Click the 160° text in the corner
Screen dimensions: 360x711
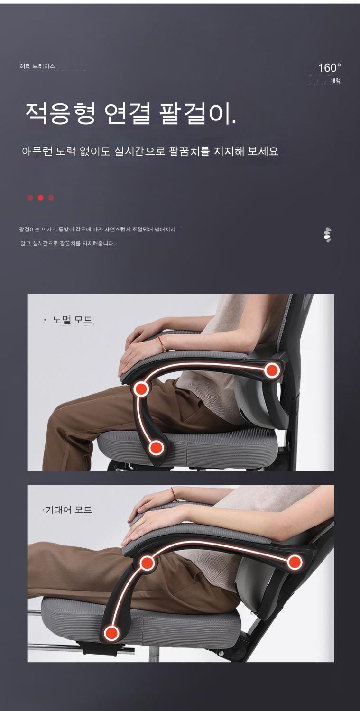point(330,68)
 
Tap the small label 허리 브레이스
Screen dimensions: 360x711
point(37,66)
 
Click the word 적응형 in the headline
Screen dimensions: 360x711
point(60,113)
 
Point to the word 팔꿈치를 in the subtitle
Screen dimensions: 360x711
point(189,151)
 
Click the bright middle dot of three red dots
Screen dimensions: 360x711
point(40,198)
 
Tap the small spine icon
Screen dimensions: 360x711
point(328,235)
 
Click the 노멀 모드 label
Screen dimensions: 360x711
point(72,320)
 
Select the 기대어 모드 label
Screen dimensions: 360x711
point(68,510)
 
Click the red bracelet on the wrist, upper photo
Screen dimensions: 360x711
point(162,344)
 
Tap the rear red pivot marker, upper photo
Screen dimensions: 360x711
point(272,370)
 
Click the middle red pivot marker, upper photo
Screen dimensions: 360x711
point(141,389)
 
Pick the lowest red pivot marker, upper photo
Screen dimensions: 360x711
point(156,448)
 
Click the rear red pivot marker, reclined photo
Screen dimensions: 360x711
point(295,562)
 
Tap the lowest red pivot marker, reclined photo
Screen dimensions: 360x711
point(111,633)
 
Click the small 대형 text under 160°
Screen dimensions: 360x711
point(335,81)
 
